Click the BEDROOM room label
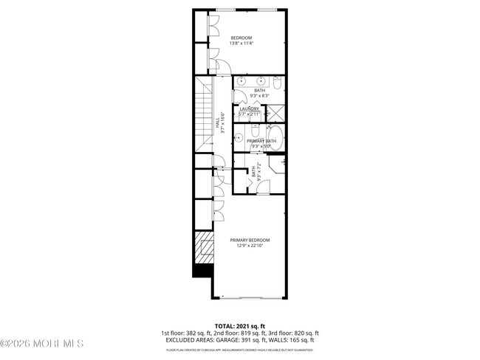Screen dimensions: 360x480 [241, 38]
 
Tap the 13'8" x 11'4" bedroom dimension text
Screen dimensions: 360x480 [241, 44]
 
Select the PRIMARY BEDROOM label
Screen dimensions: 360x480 [249, 240]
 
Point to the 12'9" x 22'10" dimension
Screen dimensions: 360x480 [250, 246]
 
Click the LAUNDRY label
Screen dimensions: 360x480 [249, 109]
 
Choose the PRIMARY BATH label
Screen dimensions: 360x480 [261, 140]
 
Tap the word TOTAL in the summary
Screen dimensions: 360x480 [225, 325]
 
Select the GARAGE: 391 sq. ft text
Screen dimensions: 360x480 [253, 340]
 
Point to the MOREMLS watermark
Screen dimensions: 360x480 [42, 344]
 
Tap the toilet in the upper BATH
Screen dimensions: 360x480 [276, 83]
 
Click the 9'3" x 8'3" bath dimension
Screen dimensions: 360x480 [260, 95]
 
